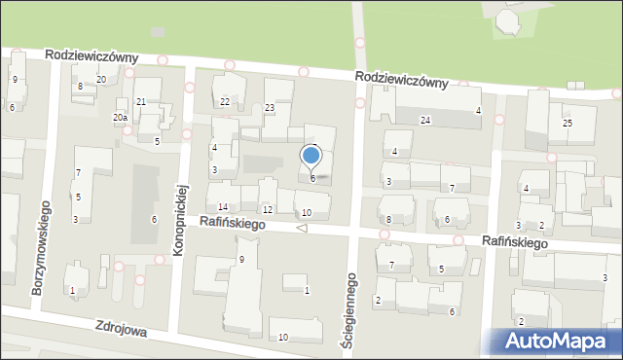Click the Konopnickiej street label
(x=180, y=218)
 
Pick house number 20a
(x=120, y=118)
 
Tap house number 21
(x=141, y=102)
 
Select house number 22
(x=225, y=101)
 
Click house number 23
(x=270, y=108)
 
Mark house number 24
(x=425, y=120)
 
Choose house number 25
(x=567, y=123)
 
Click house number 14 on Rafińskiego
(x=223, y=207)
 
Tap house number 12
(x=267, y=210)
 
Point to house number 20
(x=101, y=79)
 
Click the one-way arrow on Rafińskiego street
(x=302, y=229)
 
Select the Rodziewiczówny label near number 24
(x=401, y=78)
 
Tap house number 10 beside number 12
(x=307, y=213)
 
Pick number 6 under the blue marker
(x=312, y=178)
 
